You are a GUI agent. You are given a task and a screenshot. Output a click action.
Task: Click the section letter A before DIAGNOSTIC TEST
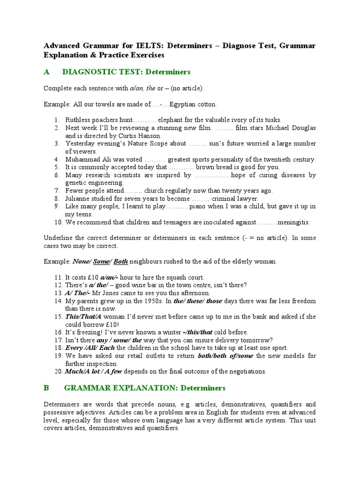(x=46, y=72)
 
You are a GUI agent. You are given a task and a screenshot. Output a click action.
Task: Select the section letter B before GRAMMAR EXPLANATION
(x=46, y=388)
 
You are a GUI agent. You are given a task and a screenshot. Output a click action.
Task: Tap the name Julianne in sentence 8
(x=78, y=198)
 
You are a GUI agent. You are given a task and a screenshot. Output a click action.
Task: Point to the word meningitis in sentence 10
(x=292, y=222)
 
